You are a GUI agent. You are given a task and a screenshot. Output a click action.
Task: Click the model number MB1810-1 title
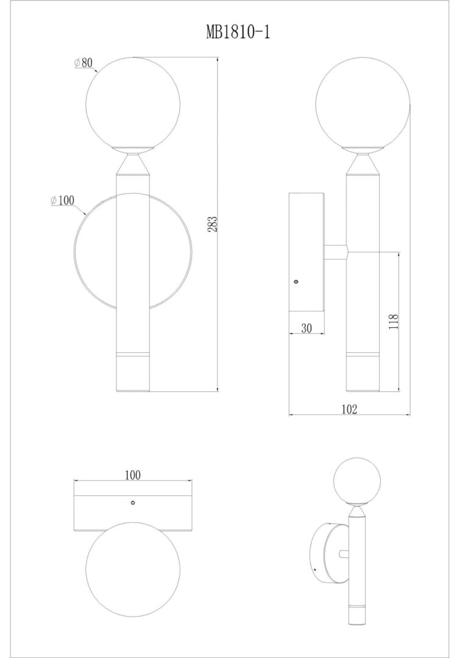click(238, 32)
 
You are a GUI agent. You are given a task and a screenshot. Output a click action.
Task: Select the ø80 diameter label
click(83, 63)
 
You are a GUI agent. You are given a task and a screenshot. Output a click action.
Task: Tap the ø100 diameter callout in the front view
click(62, 200)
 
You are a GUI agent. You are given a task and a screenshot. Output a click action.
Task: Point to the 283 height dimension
click(214, 224)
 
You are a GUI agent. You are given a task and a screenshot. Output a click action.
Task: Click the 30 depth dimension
click(307, 328)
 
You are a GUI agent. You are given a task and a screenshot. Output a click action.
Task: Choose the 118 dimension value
click(393, 322)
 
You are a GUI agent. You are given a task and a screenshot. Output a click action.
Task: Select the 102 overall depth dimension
click(349, 409)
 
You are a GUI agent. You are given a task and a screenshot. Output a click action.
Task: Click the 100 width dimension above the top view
click(133, 475)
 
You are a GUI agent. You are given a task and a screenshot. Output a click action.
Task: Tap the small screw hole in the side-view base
click(297, 281)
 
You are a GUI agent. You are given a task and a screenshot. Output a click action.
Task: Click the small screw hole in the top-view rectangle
click(133, 502)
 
